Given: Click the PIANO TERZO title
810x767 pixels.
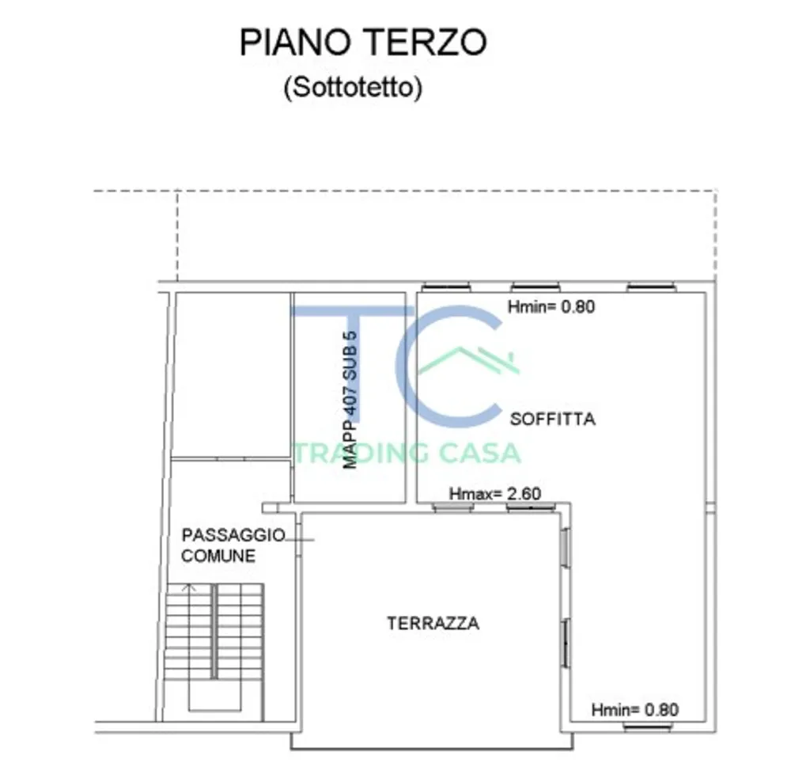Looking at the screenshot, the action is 363,43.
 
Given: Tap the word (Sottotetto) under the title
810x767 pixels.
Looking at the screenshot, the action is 354,87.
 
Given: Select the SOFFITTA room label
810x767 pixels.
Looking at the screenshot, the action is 553,419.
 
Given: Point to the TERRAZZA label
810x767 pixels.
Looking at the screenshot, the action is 433,623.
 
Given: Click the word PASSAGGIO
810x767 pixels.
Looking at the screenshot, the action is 233,535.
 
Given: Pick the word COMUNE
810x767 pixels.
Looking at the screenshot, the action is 218,556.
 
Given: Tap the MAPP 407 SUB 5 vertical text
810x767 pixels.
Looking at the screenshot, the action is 350,400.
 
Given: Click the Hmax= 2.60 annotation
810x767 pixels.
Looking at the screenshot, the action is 495,494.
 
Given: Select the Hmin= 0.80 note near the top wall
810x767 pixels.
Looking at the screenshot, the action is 551,306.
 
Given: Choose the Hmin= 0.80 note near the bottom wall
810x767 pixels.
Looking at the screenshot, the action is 635,710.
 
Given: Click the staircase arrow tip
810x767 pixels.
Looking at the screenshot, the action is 190,585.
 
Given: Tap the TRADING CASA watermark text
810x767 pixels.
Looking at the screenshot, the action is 407,454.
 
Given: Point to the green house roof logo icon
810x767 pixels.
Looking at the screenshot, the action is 468,360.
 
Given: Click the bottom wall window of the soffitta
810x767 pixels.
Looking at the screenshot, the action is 649,727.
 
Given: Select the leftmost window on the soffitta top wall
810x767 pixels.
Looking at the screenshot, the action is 446,287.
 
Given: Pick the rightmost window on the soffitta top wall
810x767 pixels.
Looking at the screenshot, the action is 652,287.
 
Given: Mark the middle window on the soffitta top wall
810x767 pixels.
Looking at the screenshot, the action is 536,287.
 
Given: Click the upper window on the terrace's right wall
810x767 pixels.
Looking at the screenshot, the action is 566,547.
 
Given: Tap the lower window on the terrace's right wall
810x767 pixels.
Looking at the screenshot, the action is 566,643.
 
